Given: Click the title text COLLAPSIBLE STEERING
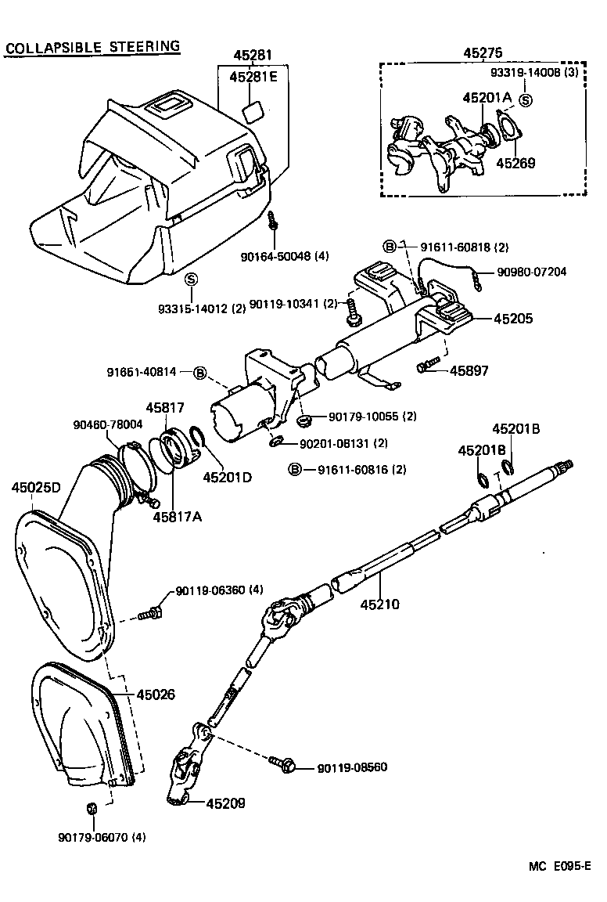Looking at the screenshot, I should coord(92,47).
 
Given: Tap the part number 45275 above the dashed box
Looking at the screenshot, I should coord(483,52).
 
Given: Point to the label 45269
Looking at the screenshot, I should coord(516,163).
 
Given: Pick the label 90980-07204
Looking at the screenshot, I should coord(532,272).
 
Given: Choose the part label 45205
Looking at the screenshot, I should coord(514,319).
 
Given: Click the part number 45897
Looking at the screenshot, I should coord(469,370).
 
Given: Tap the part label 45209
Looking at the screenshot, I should coord(226,803).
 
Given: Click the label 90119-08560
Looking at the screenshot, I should coord(352,767).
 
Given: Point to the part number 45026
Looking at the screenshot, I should coord(156,695).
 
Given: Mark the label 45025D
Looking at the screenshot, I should coord(36,488).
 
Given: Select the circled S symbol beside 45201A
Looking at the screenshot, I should coord(526,100).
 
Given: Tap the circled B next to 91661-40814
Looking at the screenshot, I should coord(199,373).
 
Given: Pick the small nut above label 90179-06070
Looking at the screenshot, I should coord(92,807).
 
